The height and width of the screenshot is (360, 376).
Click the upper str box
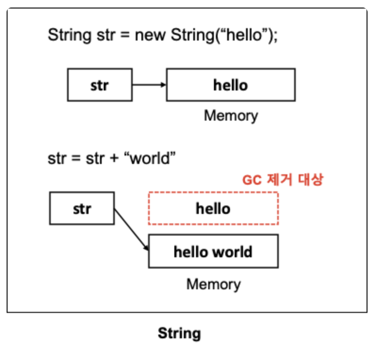coord(99,85)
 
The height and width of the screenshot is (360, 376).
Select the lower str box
coord(82,208)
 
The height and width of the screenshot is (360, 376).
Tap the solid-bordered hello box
coord(230,85)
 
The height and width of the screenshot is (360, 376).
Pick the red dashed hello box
coord(213,208)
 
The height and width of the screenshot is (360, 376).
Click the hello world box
coord(213,251)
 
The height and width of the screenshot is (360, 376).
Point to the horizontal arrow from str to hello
coord(148,85)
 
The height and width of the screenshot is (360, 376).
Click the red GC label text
coord(283,180)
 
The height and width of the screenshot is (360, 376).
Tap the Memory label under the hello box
coord(230,115)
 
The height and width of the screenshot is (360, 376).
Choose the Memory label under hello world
coord(213,284)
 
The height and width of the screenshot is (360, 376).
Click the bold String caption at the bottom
coord(179,334)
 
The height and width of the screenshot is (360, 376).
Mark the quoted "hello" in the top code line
coord(244,36)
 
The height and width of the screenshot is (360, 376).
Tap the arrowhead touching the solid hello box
coord(163,85)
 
